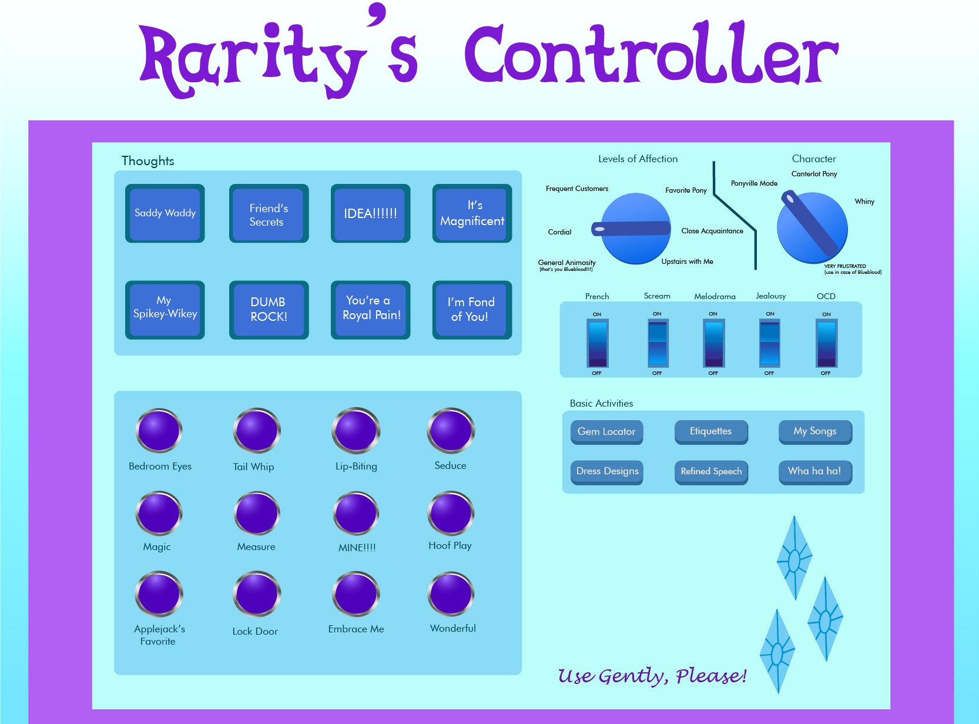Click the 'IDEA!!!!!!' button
tap(370, 213)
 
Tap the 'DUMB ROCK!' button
tap(269, 310)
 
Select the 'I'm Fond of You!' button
tap(472, 310)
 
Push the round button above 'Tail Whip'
tap(257, 431)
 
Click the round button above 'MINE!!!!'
tap(356, 513)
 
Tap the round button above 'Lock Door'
tap(257, 594)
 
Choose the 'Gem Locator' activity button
tap(606, 432)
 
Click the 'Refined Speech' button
tap(711, 471)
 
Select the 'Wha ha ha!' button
tap(814, 471)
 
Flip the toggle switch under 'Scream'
tap(658, 343)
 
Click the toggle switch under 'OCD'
tap(826, 343)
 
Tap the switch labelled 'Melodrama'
tap(714, 343)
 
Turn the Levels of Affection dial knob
tap(636, 229)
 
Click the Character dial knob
tap(812, 228)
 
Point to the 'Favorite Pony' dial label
tap(686, 190)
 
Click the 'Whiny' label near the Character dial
tap(864, 202)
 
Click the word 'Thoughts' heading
tap(147, 161)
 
